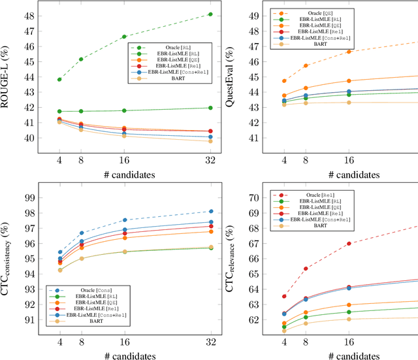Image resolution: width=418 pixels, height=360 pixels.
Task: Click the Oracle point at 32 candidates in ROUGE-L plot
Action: [x=210, y=14]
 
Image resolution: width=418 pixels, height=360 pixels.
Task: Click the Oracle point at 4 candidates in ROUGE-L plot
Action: [x=59, y=79]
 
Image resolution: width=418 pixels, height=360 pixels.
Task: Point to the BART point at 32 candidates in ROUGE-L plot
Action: [x=210, y=141]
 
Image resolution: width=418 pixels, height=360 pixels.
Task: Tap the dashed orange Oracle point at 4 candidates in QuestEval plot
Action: [x=284, y=81]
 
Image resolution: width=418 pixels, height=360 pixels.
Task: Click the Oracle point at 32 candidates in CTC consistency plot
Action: [x=210, y=211]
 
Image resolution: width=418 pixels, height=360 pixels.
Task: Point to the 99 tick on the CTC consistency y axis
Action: [x=29, y=197]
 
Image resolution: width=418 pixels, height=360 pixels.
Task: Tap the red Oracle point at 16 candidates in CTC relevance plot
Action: [x=349, y=244]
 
